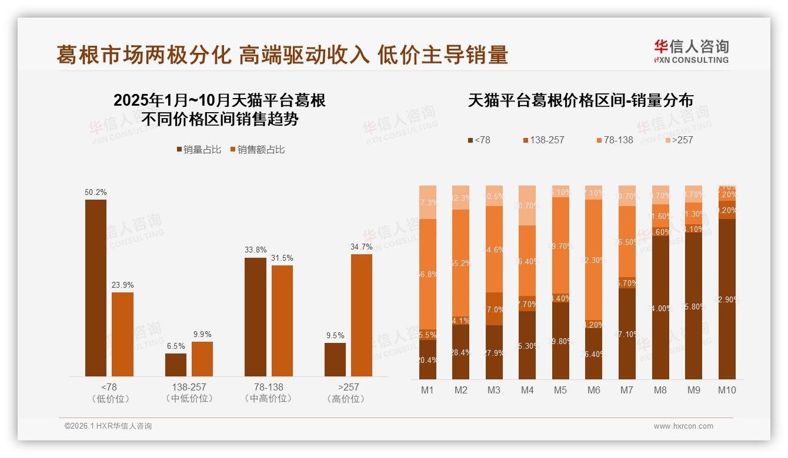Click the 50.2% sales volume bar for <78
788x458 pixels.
pos(96,288)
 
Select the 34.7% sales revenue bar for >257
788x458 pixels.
pos(362,315)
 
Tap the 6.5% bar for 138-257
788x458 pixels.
pos(176,365)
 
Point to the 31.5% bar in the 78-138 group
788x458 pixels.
pos(282,321)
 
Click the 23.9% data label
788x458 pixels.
pos(122,285)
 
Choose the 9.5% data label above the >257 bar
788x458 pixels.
pos(335,335)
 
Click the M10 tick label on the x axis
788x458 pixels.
pos(727,390)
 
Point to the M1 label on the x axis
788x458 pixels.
pos(428,390)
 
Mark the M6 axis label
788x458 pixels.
pos(594,390)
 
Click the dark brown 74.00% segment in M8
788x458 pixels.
pos(660,308)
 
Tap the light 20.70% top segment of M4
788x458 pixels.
pos(527,206)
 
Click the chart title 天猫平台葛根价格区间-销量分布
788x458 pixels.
pos(580,100)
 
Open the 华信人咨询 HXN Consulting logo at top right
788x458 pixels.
pos(691,52)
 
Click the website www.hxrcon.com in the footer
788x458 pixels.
pos(683,426)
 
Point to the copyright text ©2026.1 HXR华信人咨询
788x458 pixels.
pos(108,426)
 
